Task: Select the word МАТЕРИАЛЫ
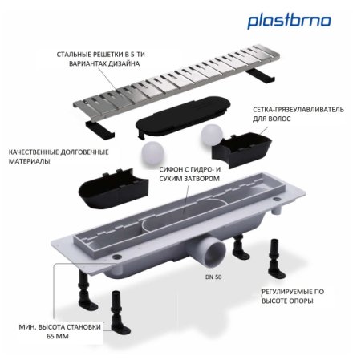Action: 30,162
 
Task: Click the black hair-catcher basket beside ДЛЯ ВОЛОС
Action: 244,145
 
